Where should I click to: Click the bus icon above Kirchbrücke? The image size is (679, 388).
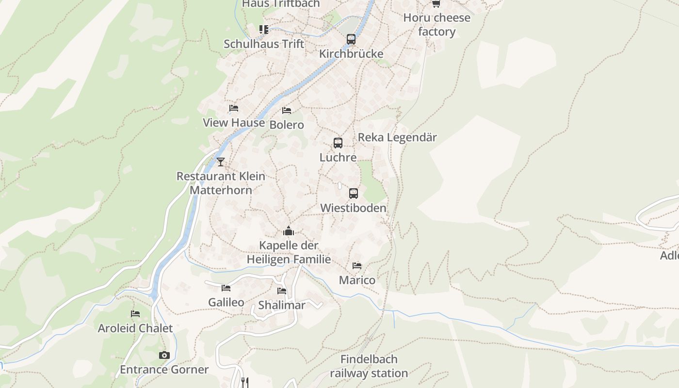[351, 39]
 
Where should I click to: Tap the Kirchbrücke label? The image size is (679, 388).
[351, 54]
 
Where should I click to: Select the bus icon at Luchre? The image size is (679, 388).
[338, 143]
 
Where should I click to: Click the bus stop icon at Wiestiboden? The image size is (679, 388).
[354, 194]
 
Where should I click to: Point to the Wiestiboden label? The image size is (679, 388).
[353, 208]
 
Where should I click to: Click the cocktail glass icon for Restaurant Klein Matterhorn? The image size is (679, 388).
[221, 162]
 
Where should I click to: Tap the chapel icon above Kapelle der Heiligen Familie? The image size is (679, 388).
[289, 231]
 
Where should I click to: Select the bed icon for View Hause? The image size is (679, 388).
[234, 108]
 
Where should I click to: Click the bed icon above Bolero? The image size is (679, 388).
[287, 111]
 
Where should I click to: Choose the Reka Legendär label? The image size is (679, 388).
[397, 137]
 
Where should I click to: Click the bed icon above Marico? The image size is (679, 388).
[357, 266]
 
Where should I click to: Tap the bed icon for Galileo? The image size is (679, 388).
[226, 288]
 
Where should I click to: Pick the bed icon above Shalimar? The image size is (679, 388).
[282, 291]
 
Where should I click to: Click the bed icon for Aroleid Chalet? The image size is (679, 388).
[135, 314]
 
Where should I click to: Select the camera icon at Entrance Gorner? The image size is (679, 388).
[164, 355]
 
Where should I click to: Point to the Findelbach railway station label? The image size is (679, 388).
[369, 366]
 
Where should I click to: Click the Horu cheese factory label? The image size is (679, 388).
[437, 25]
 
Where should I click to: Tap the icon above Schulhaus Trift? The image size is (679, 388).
[264, 30]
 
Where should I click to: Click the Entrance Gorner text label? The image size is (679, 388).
[164, 370]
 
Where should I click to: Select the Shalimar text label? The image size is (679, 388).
[282, 305]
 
